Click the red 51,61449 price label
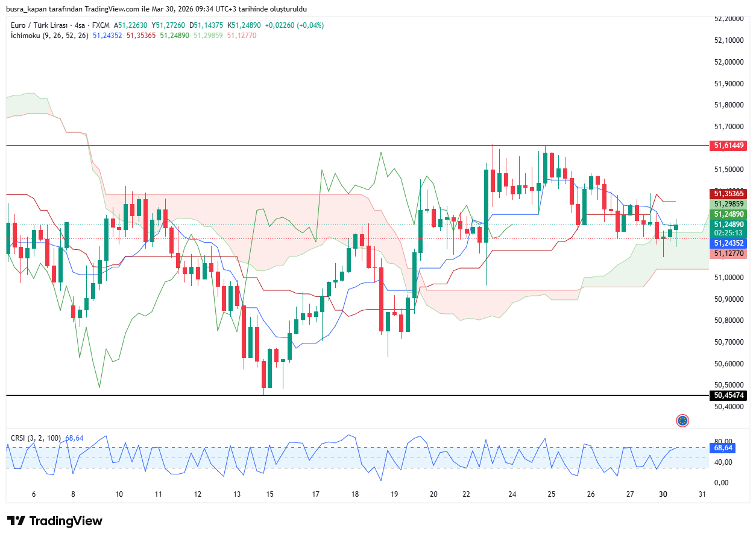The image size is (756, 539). [x=729, y=145]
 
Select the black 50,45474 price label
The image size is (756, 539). [x=729, y=395]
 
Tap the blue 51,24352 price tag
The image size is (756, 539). [x=729, y=243]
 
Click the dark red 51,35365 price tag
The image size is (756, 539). [x=729, y=194]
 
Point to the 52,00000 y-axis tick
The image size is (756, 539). [x=729, y=62]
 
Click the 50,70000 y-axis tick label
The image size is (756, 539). [x=729, y=342]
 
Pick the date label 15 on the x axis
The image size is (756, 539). [x=270, y=494]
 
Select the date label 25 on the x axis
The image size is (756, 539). [x=551, y=494]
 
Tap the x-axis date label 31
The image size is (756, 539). [x=702, y=494]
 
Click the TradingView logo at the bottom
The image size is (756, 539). [x=55, y=521]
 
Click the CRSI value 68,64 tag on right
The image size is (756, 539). [x=723, y=448]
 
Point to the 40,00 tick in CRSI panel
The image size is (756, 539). [x=723, y=462]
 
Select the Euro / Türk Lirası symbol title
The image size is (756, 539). [x=39, y=25]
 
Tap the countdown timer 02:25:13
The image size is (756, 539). [x=729, y=232]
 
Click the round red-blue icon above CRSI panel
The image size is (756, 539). [x=682, y=421]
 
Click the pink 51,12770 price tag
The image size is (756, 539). [x=729, y=254]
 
